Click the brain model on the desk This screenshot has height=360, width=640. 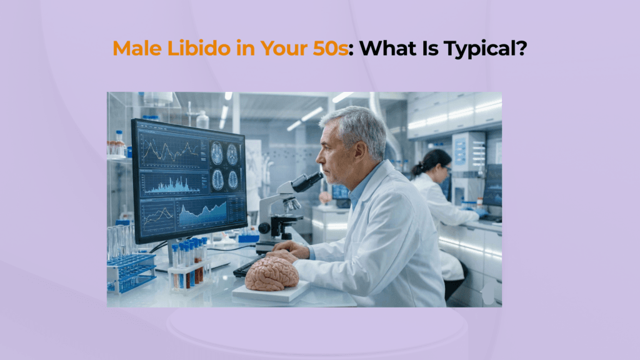point(271,274)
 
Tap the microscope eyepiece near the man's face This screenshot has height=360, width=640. point(311,181)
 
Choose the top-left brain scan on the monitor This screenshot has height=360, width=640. point(217,154)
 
